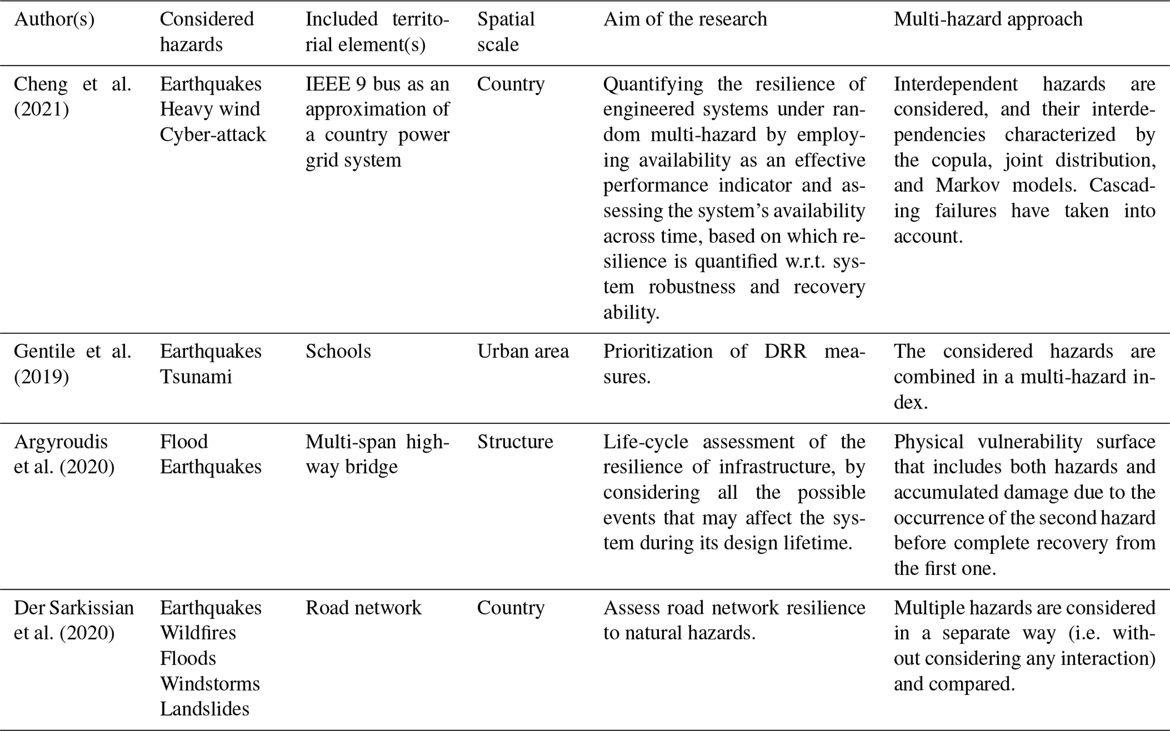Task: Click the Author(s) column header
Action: tap(54, 20)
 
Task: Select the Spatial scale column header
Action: tap(505, 32)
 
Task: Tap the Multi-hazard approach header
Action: tap(988, 20)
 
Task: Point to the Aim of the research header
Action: tap(685, 20)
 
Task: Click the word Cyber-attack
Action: tap(213, 135)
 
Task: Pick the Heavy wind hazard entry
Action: tap(209, 109)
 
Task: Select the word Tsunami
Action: tap(196, 377)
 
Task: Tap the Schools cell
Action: tap(338, 351)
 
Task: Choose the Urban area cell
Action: tap(522, 351)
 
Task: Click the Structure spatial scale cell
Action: tap(515, 441)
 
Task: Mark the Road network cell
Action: tap(363, 608)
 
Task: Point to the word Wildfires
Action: tap(198, 633)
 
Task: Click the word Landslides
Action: tap(204, 709)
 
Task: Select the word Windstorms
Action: tap(209, 683)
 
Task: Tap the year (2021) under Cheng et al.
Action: tap(41, 109)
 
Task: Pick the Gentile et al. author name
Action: tap(72, 351)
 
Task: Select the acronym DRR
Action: tap(785, 351)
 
